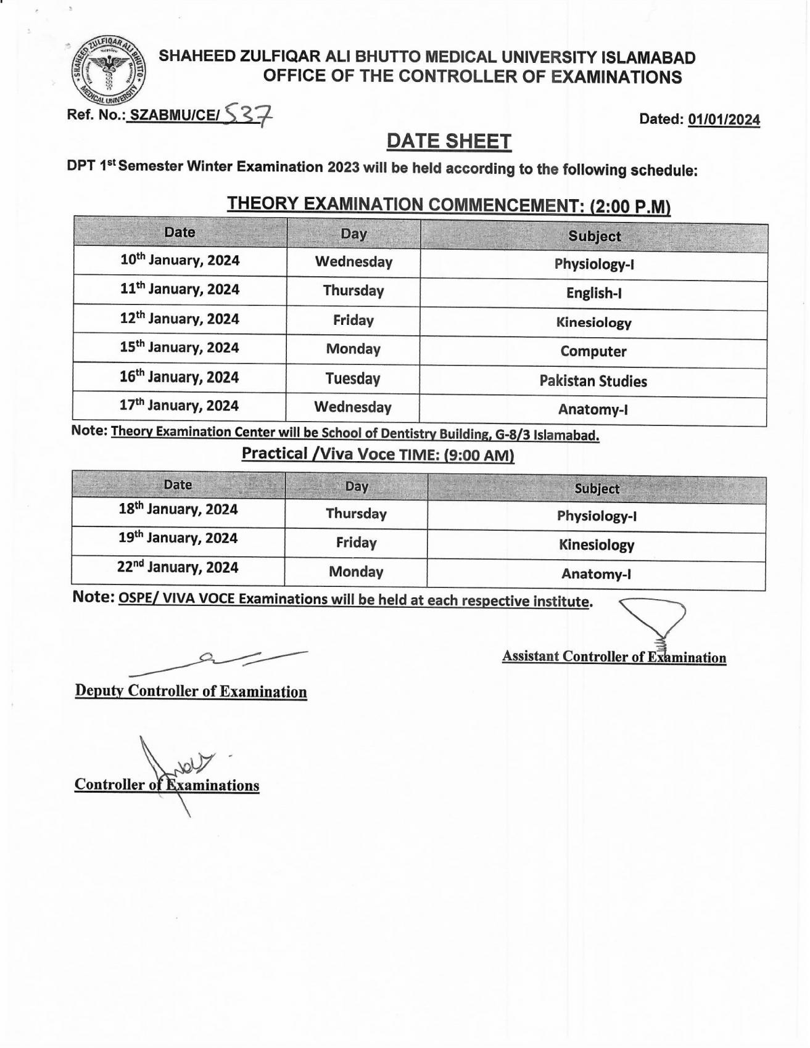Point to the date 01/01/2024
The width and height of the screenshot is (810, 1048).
pyautogui.click(x=724, y=120)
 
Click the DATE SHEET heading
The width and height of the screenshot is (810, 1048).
pyautogui.click(x=448, y=142)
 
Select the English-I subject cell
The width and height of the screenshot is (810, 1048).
pyautogui.click(x=593, y=293)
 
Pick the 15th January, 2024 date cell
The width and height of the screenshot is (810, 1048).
pyautogui.click(x=180, y=348)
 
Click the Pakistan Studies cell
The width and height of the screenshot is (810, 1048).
pyautogui.click(x=593, y=382)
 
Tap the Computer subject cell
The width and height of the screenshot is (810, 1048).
pyautogui.click(x=593, y=352)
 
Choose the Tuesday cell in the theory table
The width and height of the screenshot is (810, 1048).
pyautogui.click(x=353, y=379)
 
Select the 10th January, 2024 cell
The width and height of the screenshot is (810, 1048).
pyautogui.click(x=180, y=260)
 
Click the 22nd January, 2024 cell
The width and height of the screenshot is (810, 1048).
pyautogui.click(x=178, y=568)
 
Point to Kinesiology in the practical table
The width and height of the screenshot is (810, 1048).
pyautogui.click(x=596, y=546)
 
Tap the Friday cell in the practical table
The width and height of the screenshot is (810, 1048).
pyautogui.click(x=356, y=543)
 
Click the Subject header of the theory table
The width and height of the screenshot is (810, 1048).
pyautogui.click(x=594, y=237)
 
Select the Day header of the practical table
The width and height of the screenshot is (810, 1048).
pyautogui.click(x=357, y=486)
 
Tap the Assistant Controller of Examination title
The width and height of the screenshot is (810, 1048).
pyautogui.click(x=614, y=657)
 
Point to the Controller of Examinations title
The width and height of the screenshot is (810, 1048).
pyautogui.click(x=167, y=785)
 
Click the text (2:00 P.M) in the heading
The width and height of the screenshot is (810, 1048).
pyautogui.click(x=630, y=207)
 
